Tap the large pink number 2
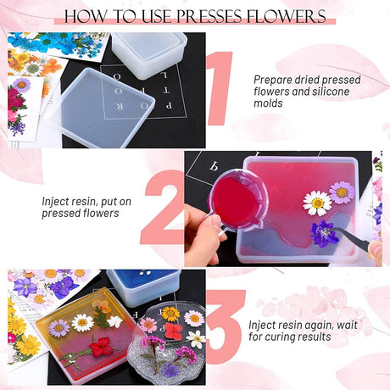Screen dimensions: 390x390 164,208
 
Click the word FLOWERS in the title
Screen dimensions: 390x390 287,16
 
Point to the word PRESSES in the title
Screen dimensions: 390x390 209,16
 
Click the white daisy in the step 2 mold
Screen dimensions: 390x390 317,203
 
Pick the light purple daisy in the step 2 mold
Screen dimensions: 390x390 342,192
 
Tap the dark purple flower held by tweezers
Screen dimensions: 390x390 324,234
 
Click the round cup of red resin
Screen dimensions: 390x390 237,200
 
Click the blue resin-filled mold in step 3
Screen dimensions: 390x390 143,287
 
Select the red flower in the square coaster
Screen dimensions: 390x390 101,347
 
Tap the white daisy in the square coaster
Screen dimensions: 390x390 82,323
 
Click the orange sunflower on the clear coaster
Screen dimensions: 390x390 170,314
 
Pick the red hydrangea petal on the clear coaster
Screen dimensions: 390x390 174,331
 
